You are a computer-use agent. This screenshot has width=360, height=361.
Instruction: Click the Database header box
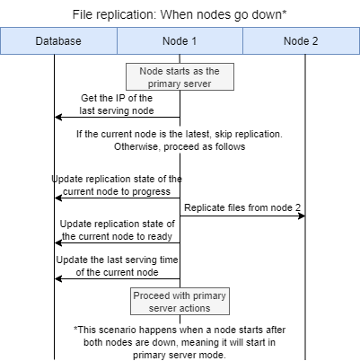pos(58,41)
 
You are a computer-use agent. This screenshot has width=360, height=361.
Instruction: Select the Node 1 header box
pos(180,41)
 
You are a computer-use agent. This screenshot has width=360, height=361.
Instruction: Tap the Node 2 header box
pos(301,41)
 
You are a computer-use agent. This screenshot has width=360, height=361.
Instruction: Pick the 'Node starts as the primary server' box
pos(180,77)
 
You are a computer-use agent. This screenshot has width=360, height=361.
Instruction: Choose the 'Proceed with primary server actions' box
pos(180,302)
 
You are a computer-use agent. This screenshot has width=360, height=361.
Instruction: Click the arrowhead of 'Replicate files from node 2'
pos(303,216)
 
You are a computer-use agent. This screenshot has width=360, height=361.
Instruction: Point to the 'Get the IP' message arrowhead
pos(58,117)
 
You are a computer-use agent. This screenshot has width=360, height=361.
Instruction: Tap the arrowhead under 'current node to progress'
pos(58,198)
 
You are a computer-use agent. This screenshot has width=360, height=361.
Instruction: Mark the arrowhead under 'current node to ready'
pos(58,242)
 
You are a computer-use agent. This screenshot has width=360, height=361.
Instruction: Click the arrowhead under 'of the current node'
pos(58,278)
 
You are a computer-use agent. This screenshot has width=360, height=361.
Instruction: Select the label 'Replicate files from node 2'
pos(242,207)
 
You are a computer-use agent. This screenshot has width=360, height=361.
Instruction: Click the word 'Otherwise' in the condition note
pos(139,147)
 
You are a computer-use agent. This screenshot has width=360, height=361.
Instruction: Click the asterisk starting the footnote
pos(75,330)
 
